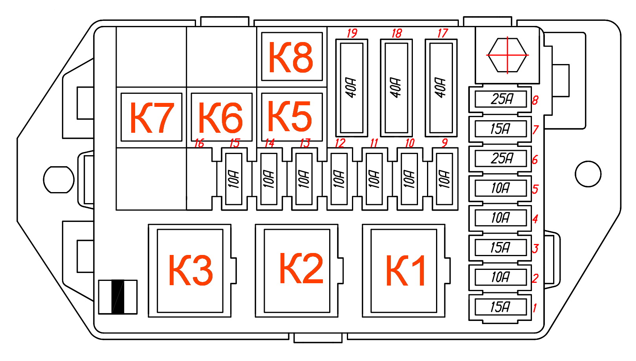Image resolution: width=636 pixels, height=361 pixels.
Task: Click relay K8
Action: (x=291, y=57)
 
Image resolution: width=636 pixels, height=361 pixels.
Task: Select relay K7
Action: (x=151, y=117)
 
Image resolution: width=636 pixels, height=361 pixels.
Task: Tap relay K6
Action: (x=221, y=117)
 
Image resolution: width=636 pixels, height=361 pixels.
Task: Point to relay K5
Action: (x=291, y=117)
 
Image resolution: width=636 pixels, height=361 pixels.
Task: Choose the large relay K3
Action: (x=190, y=271)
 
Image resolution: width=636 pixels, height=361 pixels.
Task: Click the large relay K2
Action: (x=297, y=271)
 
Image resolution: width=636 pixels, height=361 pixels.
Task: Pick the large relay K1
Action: (x=404, y=271)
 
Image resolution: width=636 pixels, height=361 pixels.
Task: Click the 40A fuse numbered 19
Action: (x=352, y=88)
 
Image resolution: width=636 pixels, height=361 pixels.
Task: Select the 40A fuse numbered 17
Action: (x=441, y=88)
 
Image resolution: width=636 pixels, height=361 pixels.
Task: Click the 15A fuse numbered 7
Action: (x=500, y=129)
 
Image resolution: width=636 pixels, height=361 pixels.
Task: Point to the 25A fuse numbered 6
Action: (x=500, y=159)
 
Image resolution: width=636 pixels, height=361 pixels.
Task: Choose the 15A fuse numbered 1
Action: (x=500, y=307)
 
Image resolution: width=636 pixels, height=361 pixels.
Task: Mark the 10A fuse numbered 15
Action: (x=234, y=179)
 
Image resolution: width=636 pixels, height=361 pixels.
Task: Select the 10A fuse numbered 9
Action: (x=445, y=179)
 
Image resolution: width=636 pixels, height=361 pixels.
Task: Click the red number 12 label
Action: (x=340, y=143)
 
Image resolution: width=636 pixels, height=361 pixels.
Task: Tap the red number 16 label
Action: (x=199, y=143)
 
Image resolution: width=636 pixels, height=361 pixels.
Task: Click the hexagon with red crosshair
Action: (x=507, y=55)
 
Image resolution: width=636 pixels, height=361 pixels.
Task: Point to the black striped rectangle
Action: (x=118, y=297)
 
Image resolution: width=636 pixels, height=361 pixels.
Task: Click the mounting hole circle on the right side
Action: (x=588, y=174)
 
